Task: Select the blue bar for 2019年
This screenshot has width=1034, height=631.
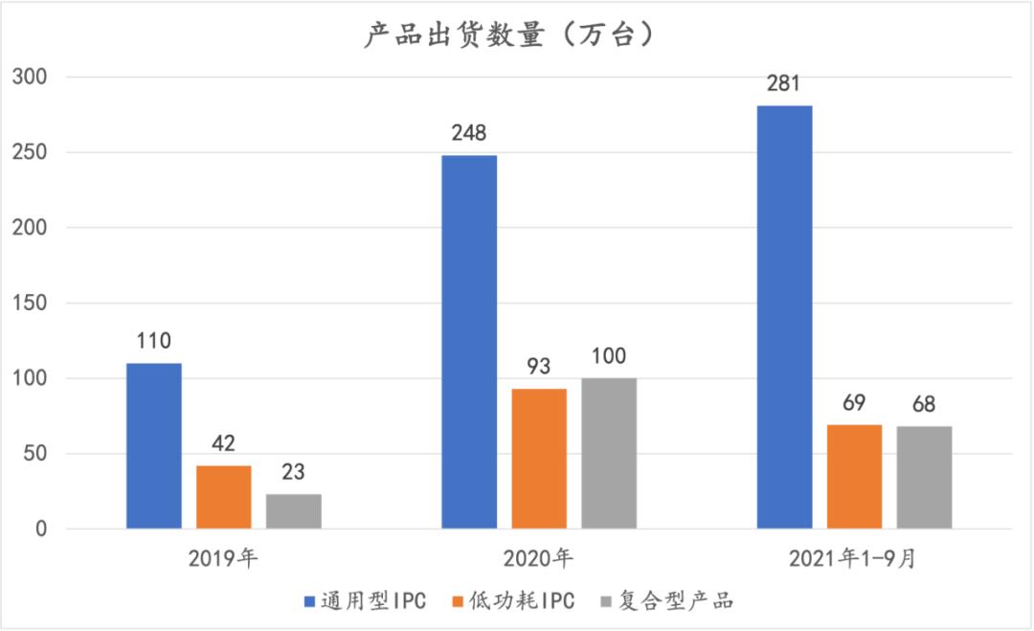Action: click(154, 446)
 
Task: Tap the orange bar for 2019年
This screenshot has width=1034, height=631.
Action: click(224, 497)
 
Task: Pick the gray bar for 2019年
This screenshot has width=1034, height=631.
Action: click(294, 511)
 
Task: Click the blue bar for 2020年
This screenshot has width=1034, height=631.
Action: click(469, 342)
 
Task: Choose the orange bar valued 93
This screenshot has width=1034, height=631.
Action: click(539, 459)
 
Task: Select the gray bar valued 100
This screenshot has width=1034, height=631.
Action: click(609, 454)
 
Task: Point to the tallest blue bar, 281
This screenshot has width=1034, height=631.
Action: click(784, 317)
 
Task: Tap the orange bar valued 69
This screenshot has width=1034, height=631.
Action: click(854, 477)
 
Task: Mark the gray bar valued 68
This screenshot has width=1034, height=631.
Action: click(925, 478)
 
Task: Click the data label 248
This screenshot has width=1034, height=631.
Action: click(469, 134)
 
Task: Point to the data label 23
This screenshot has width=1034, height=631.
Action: click(294, 472)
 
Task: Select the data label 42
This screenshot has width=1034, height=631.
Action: click(224, 443)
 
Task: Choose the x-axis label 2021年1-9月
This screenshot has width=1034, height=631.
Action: click(854, 559)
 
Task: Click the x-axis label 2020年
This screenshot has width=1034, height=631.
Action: click(539, 559)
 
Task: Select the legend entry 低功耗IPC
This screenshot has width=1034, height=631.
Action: click(516, 601)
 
